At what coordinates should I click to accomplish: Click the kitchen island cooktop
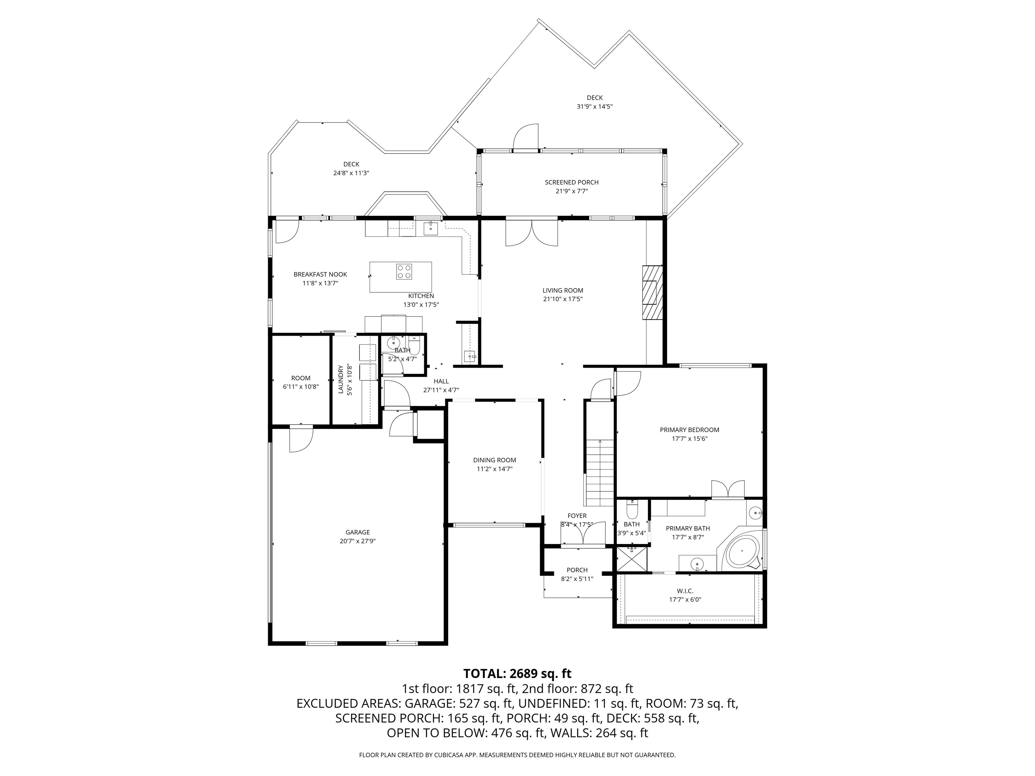click(x=404, y=272)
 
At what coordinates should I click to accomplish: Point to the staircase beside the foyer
click(x=600, y=473)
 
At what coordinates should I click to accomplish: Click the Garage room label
click(x=357, y=532)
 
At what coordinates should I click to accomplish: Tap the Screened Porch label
click(x=571, y=183)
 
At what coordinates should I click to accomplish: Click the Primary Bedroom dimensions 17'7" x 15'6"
click(x=689, y=439)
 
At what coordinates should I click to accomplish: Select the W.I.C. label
click(x=685, y=591)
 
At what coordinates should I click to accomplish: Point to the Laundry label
click(x=341, y=379)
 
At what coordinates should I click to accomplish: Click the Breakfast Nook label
click(x=320, y=274)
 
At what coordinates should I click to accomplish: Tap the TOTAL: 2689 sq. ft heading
click(x=517, y=674)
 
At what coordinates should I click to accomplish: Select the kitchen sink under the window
click(x=431, y=229)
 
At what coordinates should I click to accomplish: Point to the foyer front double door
click(x=583, y=534)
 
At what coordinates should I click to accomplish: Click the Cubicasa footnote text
click(x=517, y=755)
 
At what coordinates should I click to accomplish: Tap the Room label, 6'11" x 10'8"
click(x=301, y=382)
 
